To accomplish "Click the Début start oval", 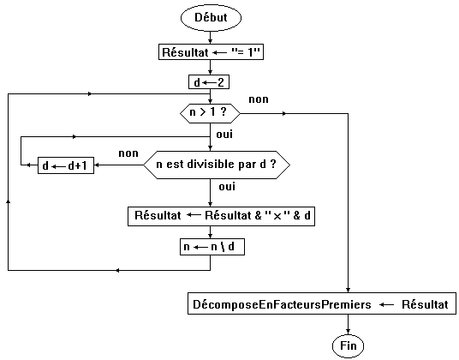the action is click(x=211, y=18).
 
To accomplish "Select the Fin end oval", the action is click(x=348, y=346).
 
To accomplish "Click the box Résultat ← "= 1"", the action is click(x=211, y=52).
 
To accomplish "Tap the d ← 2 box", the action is click(x=209, y=82).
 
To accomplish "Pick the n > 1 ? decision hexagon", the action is click(x=210, y=113).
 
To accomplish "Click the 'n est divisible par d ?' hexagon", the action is click(x=217, y=165).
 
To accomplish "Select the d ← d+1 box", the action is click(x=66, y=165).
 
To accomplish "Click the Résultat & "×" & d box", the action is click(x=221, y=216).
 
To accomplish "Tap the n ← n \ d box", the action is click(x=212, y=247).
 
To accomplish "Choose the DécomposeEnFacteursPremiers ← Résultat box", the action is click(x=322, y=303).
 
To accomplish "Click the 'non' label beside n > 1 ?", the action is click(x=259, y=99).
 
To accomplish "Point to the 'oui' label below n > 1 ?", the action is click(x=224, y=135).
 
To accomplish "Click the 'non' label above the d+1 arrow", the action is click(x=128, y=153).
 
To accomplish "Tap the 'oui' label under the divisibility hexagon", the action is click(x=227, y=187).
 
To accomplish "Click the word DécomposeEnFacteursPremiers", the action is click(x=282, y=304).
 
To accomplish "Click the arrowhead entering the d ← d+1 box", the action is click(x=96, y=165).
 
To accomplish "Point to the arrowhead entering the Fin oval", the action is click(x=348, y=332).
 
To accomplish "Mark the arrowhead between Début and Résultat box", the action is click(x=210, y=41).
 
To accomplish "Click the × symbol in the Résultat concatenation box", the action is click(x=277, y=217).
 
